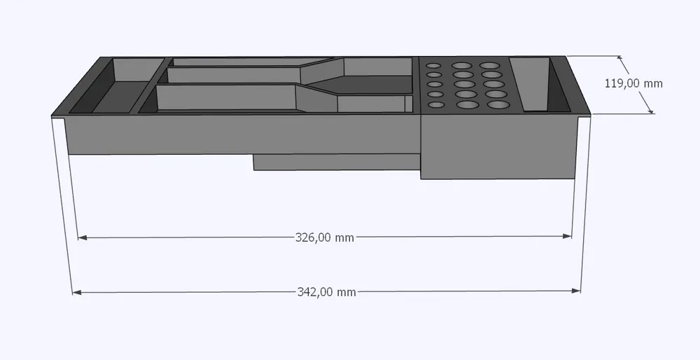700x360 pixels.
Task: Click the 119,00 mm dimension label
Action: point(633,83)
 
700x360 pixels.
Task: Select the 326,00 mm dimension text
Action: point(325,237)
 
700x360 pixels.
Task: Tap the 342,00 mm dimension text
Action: point(326,292)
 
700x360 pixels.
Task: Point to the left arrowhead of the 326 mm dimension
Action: point(82,238)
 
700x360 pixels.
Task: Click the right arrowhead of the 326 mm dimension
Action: point(567,236)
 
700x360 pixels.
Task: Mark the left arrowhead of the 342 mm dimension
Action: point(77,293)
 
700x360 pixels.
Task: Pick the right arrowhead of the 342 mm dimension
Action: point(576,291)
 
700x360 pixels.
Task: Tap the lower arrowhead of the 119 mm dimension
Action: point(650,110)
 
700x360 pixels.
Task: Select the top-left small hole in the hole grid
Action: point(433,66)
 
